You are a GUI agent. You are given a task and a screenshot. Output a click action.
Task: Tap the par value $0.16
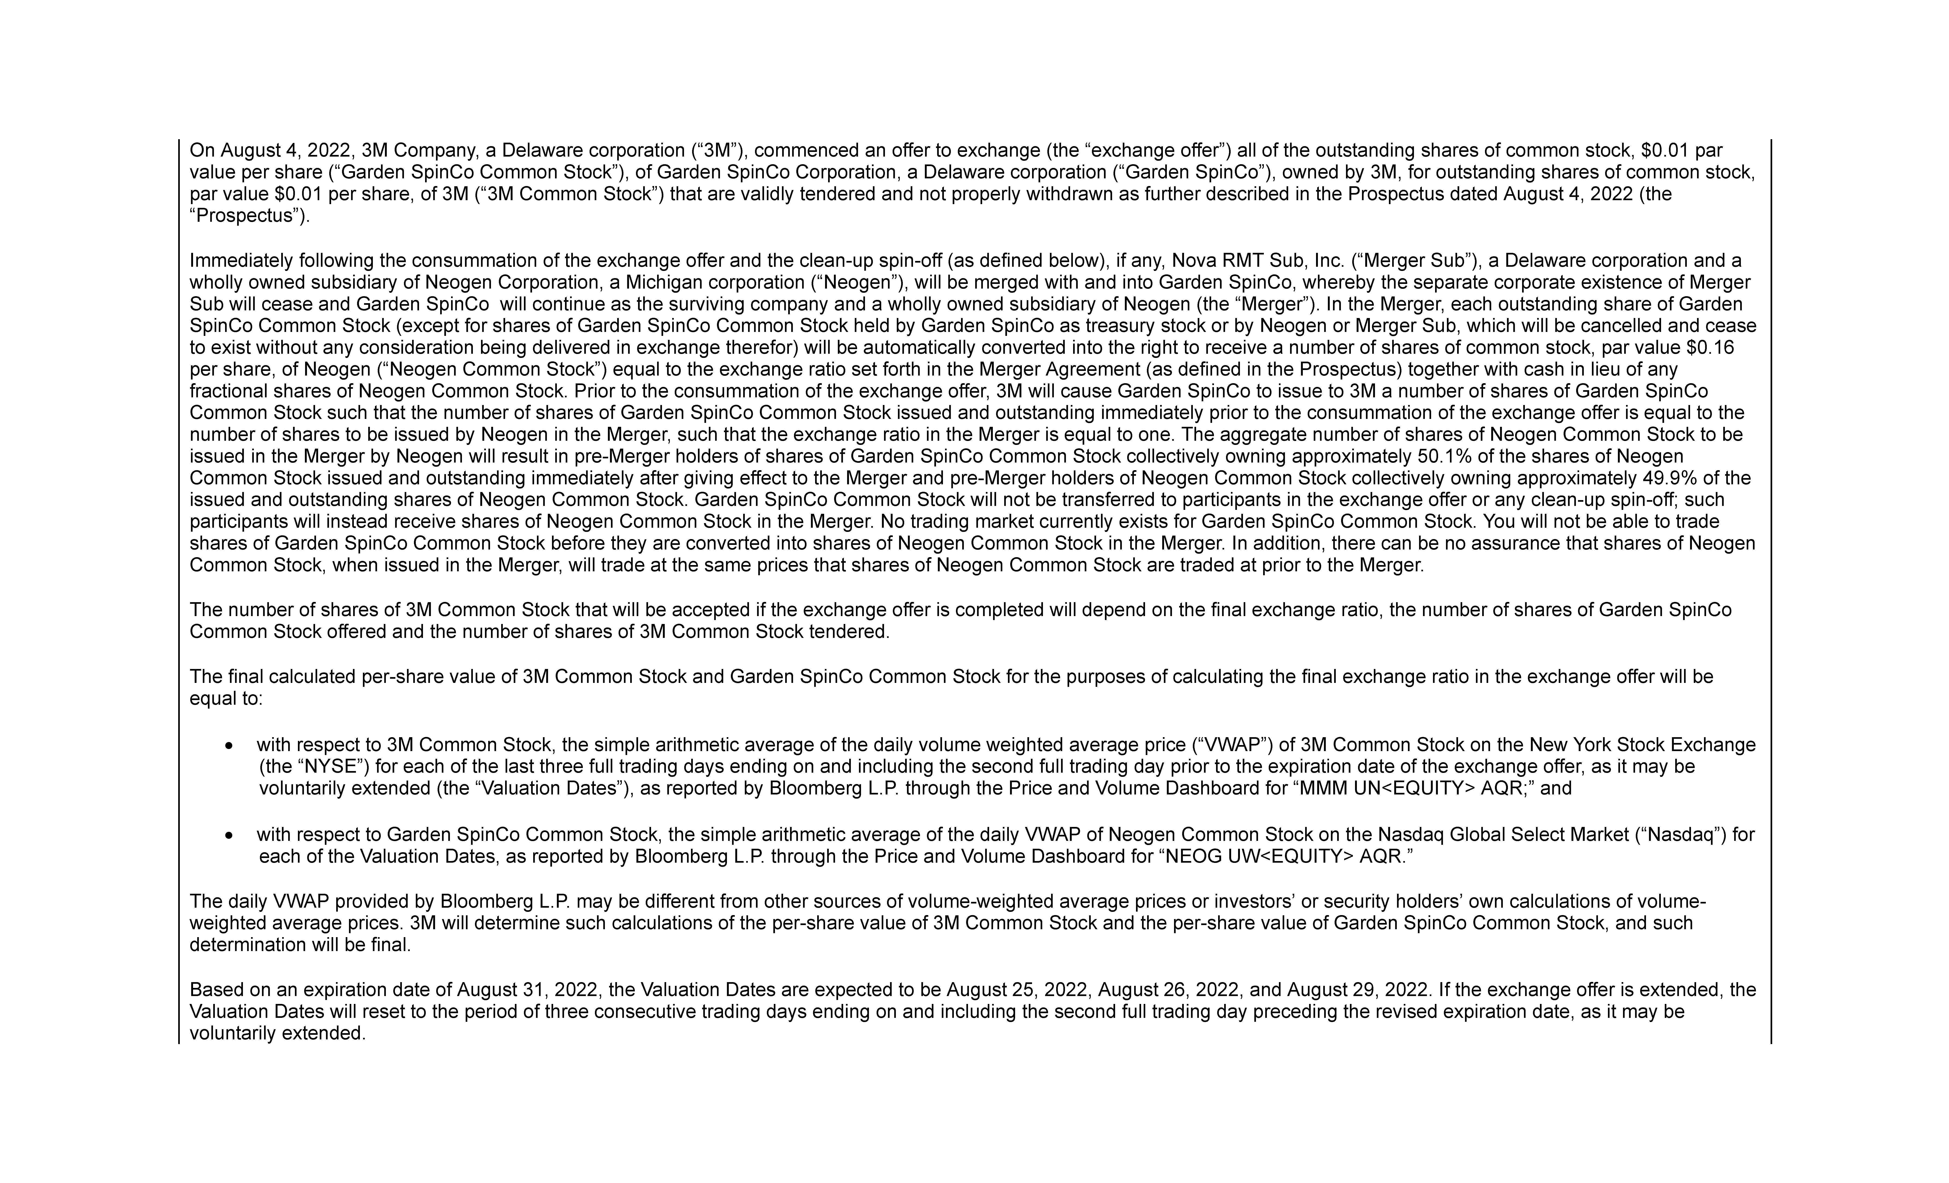click(1711, 348)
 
